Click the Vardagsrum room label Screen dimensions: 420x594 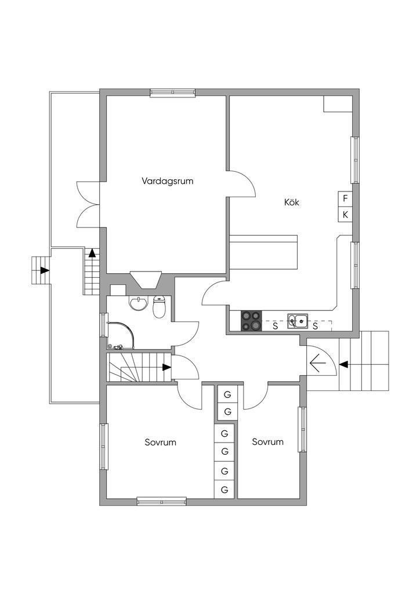(x=168, y=181)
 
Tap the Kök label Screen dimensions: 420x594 (x=292, y=202)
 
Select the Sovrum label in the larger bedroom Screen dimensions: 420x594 (x=161, y=442)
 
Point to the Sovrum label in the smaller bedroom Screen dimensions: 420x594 (x=268, y=441)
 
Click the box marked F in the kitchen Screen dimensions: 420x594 (x=345, y=198)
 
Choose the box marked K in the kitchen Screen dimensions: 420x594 (x=345, y=215)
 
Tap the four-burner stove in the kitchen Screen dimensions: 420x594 (x=251, y=320)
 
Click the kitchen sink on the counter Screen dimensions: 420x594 (x=297, y=321)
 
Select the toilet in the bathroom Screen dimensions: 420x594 (x=160, y=307)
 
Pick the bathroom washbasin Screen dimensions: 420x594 (x=138, y=303)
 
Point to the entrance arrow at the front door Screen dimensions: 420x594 (x=318, y=364)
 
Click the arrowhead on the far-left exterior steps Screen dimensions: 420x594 (x=45, y=270)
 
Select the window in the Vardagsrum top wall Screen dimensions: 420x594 (x=173, y=92)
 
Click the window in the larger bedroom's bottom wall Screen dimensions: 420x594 (x=162, y=502)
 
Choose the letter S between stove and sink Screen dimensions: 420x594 (x=276, y=326)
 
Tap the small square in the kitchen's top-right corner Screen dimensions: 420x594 (x=338, y=104)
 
